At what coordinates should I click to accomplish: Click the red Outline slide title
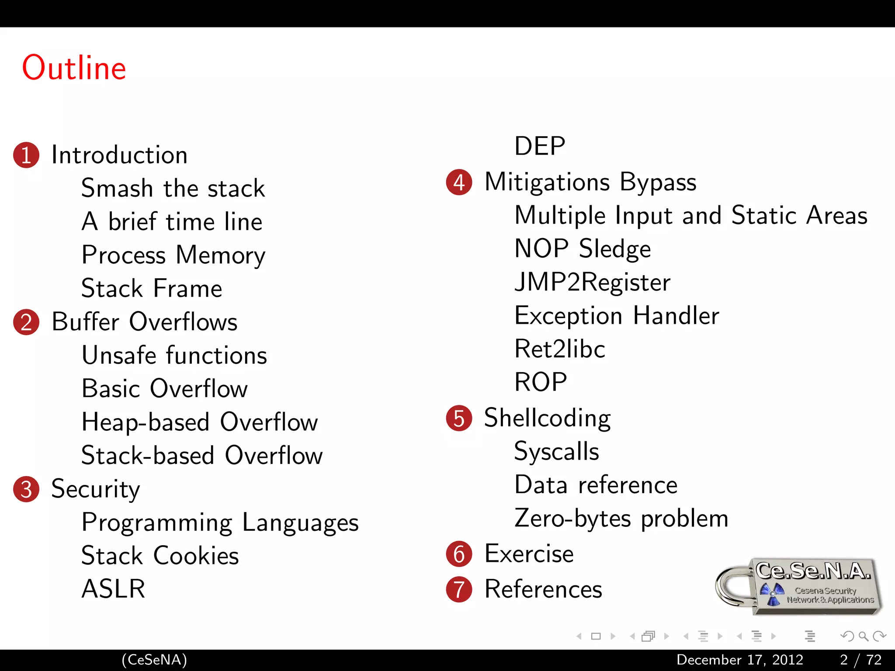(x=74, y=68)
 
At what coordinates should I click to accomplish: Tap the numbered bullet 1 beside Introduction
(x=26, y=155)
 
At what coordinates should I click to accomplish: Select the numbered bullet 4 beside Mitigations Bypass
(x=459, y=182)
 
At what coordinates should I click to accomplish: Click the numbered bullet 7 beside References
(x=459, y=589)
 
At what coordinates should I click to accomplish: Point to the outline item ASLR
(x=113, y=588)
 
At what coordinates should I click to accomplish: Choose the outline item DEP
(x=540, y=146)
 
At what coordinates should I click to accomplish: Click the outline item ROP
(x=541, y=382)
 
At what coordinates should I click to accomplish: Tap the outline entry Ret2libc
(x=560, y=349)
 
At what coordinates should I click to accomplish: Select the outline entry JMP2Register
(x=592, y=282)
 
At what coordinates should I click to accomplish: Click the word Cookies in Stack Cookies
(x=196, y=556)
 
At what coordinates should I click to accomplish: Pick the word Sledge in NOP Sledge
(x=615, y=249)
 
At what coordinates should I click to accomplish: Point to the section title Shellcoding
(x=548, y=418)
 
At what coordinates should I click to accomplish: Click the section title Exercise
(x=529, y=554)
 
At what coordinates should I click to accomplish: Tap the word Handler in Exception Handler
(x=676, y=315)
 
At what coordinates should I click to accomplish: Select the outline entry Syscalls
(x=557, y=452)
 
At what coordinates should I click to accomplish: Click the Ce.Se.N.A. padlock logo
(x=799, y=586)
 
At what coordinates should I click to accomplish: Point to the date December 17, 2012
(x=740, y=660)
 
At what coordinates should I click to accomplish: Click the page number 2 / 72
(x=860, y=660)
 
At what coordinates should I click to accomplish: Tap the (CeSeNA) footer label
(x=154, y=660)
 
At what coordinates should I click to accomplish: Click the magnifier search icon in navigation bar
(x=863, y=636)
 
